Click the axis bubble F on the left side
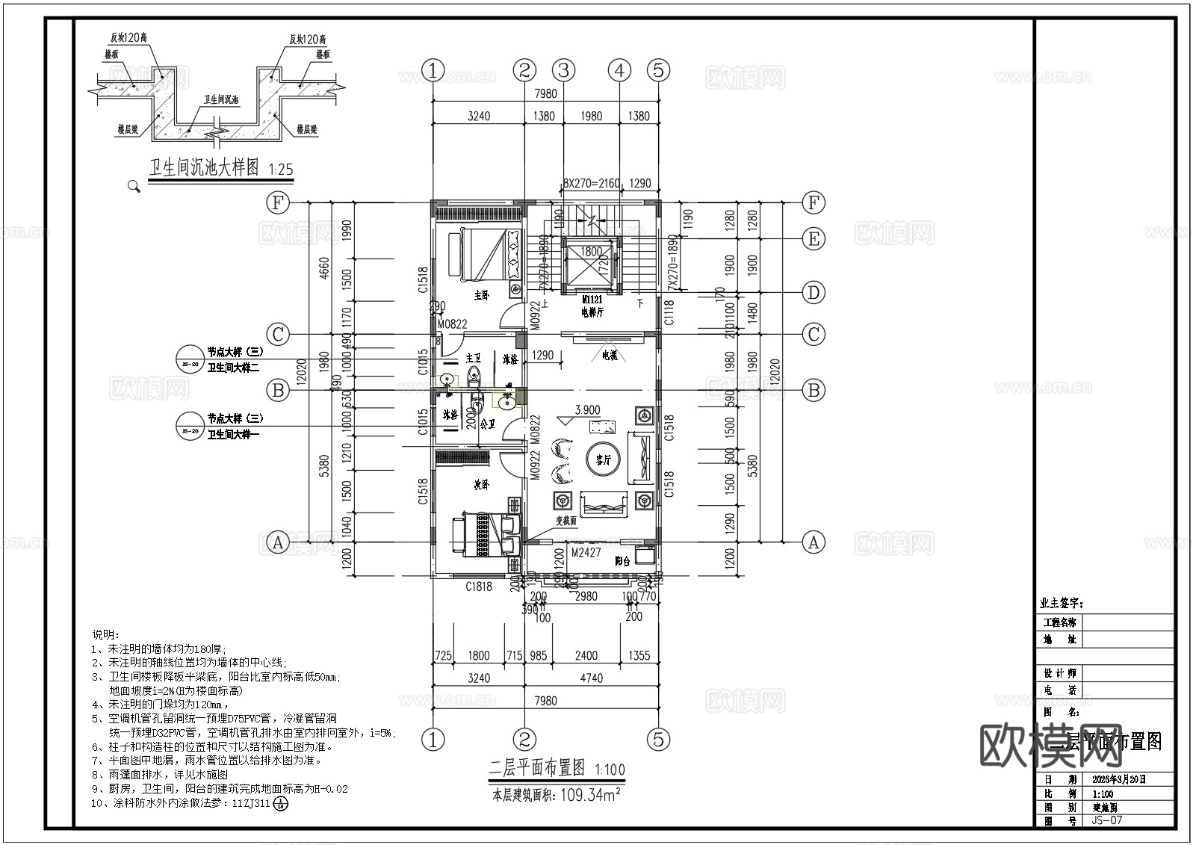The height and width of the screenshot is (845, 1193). (278, 202)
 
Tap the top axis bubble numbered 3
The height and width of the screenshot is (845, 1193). (563, 70)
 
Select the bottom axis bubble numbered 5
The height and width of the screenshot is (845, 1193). (658, 740)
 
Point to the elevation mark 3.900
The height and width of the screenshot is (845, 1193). (587, 410)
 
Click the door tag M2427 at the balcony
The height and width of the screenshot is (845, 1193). (586, 553)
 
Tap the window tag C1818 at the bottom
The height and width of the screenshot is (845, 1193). (479, 586)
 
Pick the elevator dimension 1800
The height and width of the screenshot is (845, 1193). (592, 252)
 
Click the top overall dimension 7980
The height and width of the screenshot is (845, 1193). (546, 93)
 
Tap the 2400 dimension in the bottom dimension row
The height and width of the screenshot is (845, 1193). (586, 655)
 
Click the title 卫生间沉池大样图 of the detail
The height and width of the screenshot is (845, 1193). (204, 167)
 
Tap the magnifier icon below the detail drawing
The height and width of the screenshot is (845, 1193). (134, 186)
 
